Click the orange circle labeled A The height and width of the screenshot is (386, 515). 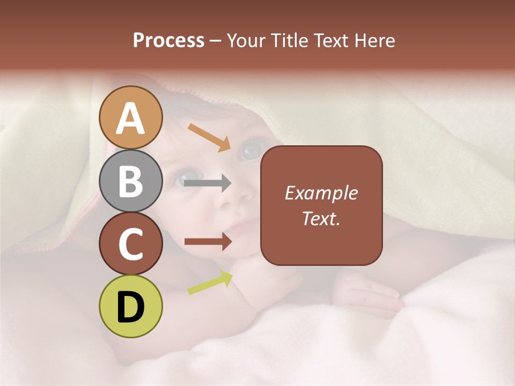(131, 117)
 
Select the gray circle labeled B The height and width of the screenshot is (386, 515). (131, 181)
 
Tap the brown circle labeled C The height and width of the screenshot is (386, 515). (131, 243)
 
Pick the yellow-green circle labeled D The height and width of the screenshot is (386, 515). (131, 306)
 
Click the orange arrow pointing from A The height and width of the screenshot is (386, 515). (209, 137)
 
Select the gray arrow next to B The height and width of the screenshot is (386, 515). (207, 183)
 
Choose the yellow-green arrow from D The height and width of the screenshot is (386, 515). (210, 282)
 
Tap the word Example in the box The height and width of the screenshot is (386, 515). (321, 193)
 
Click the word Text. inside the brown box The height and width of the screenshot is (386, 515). (321, 218)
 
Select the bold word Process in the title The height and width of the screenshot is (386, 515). (168, 40)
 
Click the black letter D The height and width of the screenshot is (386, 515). (131, 307)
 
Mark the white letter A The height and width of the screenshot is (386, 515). (131, 118)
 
